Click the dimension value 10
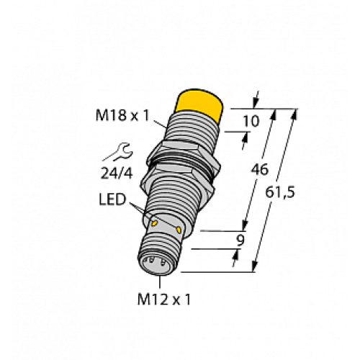[x=251, y=121]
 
